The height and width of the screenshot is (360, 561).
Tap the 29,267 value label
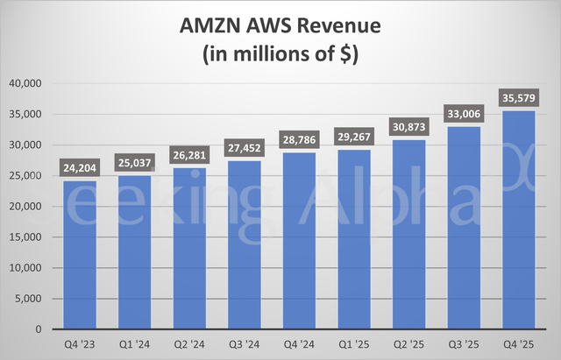(x=358, y=138)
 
